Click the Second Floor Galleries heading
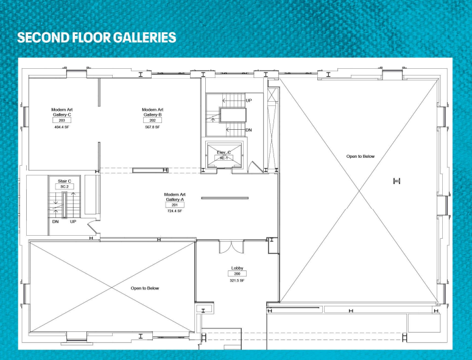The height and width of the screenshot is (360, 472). tap(97, 37)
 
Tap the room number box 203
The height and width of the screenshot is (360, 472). tap(62, 120)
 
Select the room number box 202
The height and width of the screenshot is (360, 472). tap(152, 120)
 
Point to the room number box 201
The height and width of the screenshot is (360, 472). tap(175, 205)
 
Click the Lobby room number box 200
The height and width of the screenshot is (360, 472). tap(237, 274)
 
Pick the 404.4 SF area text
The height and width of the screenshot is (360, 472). tap(62, 127)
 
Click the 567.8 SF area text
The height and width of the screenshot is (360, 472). tap(152, 127)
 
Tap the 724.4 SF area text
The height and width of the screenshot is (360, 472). tap(175, 211)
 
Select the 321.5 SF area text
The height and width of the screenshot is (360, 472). tap(237, 281)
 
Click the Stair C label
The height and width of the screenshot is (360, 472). tap(65, 181)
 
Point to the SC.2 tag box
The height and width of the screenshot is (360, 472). tap(65, 186)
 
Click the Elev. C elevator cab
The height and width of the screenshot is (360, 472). tap(224, 155)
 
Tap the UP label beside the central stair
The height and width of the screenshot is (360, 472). tap(248, 101)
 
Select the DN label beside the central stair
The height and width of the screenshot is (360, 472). tap(248, 130)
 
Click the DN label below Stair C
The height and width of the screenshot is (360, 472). tap(55, 222)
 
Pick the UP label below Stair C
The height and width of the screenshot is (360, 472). tap(73, 222)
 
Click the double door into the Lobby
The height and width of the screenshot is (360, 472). tap(231, 247)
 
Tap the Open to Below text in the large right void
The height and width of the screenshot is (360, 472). tap(361, 156)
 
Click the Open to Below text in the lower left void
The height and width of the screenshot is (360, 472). tap(144, 288)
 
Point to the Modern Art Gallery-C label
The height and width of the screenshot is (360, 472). tap(62, 112)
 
